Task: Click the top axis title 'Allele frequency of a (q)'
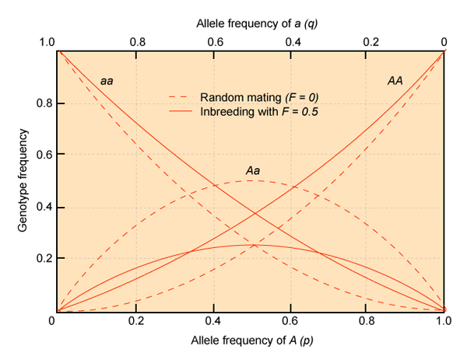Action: point(250,23)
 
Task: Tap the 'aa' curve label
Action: point(107,81)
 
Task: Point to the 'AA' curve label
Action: point(395,81)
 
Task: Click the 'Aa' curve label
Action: point(252,170)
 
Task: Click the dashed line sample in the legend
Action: point(182,97)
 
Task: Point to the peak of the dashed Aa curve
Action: point(251,180)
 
